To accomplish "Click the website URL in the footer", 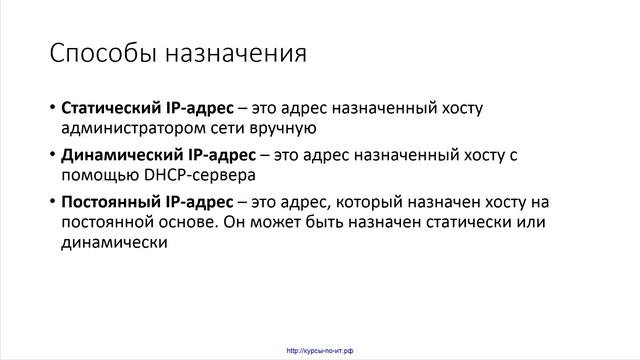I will pos(320,350).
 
